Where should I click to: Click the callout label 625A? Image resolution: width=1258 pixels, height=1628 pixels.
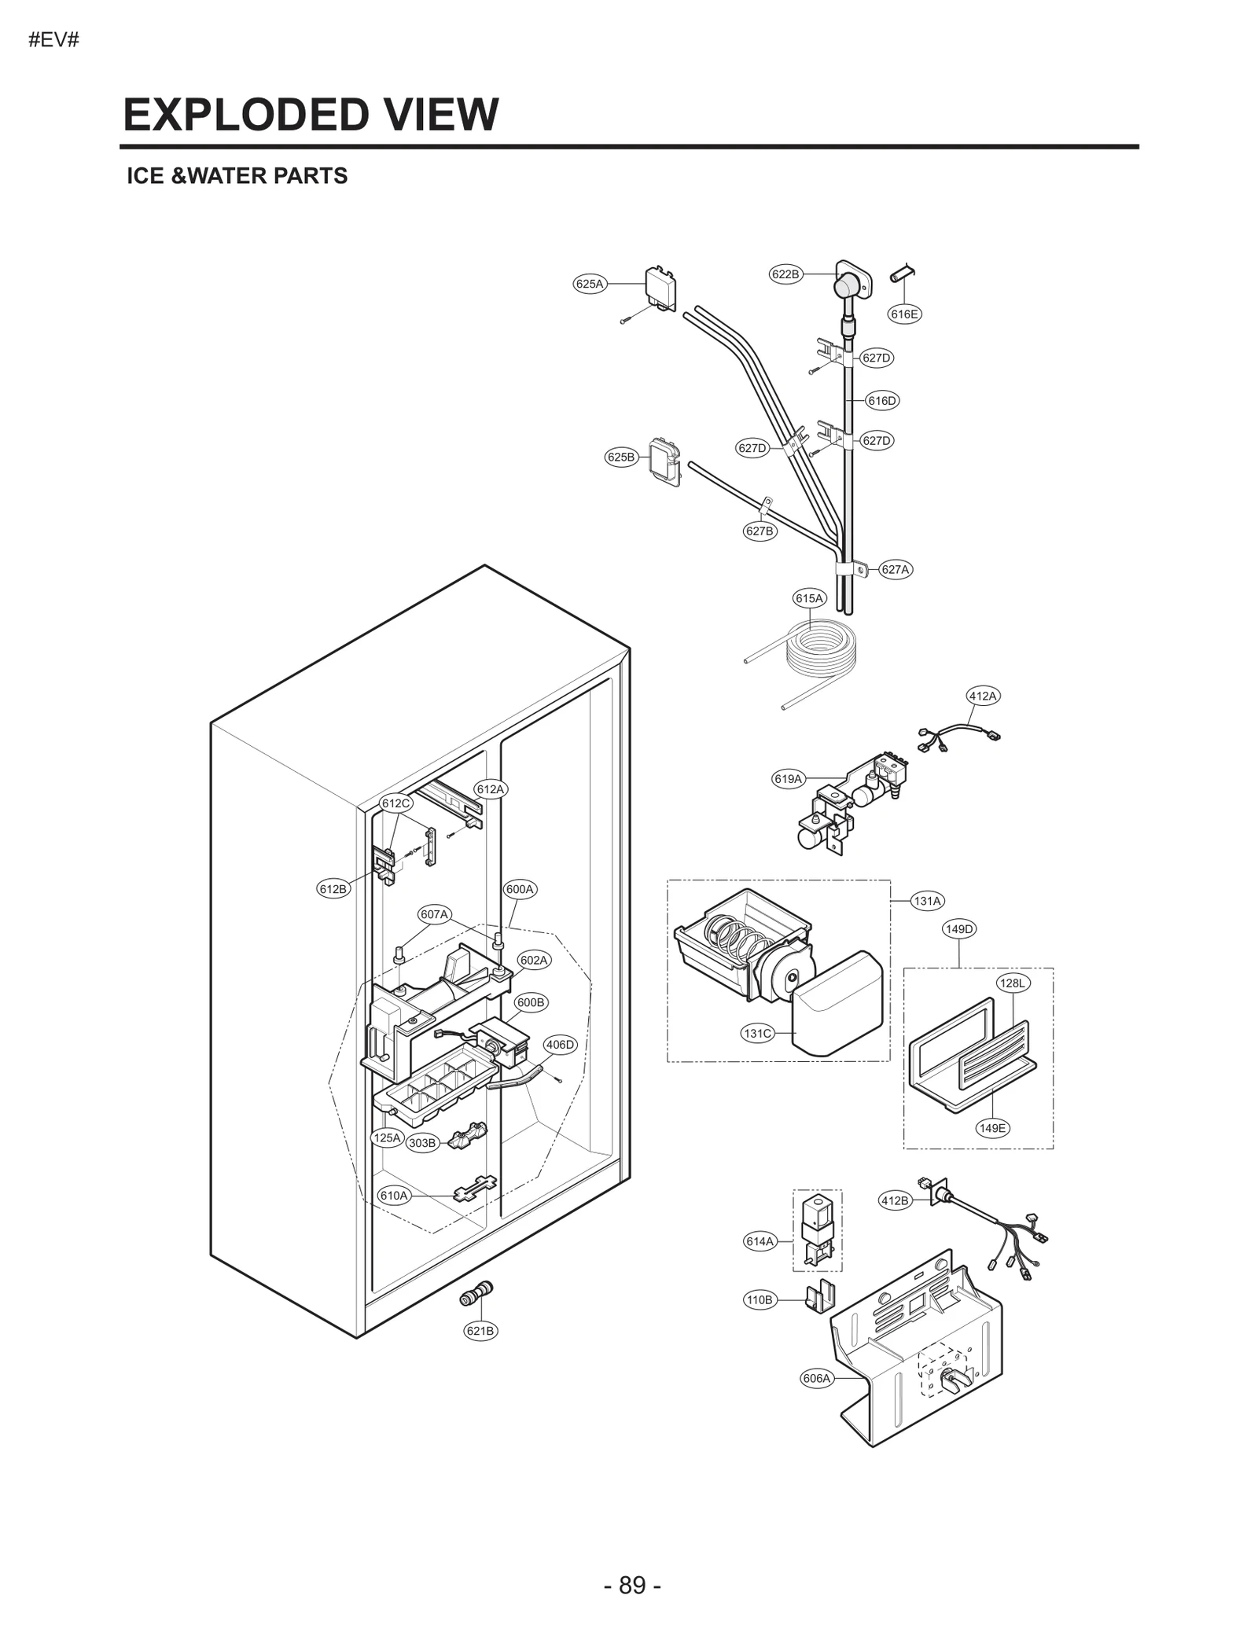coord(589,284)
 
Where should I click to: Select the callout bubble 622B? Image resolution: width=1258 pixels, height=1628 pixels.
coord(785,274)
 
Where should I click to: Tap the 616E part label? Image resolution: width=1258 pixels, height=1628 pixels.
coord(904,314)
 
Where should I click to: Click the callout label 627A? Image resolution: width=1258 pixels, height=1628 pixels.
coord(895,570)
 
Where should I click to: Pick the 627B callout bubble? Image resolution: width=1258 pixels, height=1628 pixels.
coord(759,531)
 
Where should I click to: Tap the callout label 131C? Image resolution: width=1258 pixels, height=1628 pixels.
coord(757,1033)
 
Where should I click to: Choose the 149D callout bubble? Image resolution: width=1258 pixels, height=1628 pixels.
coord(959,929)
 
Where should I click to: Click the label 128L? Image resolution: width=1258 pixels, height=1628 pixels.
coord(1013,983)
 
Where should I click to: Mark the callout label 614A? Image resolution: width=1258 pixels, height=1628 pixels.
coord(760,1241)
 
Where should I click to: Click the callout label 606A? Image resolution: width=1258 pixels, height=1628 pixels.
coord(816,1378)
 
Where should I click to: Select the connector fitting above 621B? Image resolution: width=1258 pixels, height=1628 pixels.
coord(476,1294)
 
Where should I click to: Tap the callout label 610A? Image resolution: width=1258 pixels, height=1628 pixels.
coord(394,1196)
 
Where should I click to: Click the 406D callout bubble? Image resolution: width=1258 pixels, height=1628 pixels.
coord(561,1045)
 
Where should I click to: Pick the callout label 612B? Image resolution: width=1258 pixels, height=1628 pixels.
coord(332,889)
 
